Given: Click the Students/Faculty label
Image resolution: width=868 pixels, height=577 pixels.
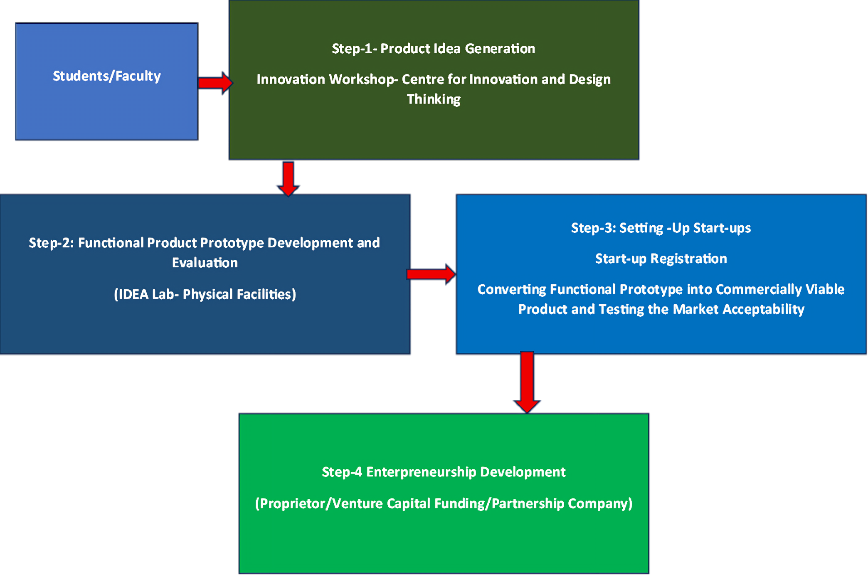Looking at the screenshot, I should pyautogui.click(x=106, y=76).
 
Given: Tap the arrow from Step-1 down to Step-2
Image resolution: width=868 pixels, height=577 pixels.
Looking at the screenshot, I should pyautogui.click(x=288, y=178).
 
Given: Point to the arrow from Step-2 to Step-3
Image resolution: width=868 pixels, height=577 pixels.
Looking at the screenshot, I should pyautogui.click(x=431, y=274).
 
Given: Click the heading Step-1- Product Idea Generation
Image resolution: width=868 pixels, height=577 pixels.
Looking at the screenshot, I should pyautogui.click(x=433, y=49).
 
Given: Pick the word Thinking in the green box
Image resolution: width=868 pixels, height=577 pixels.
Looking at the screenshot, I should pyautogui.click(x=434, y=99).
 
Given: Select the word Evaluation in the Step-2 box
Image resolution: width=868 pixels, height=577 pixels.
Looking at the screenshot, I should pyautogui.click(x=205, y=263).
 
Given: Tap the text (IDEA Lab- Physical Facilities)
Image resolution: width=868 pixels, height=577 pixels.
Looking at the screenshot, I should pyautogui.click(x=205, y=294).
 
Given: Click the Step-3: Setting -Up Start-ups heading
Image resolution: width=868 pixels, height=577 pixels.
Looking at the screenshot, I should pyautogui.click(x=661, y=228).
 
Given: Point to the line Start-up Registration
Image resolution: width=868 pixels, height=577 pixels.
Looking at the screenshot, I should pyautogui.click(x=661, y=259).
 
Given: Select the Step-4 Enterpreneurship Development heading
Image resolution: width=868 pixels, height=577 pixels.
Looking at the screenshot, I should pyautogui.click(x=444, y=472).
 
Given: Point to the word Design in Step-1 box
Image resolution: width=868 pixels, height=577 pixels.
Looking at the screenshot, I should pyautogui.click(x=589, y=79).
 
